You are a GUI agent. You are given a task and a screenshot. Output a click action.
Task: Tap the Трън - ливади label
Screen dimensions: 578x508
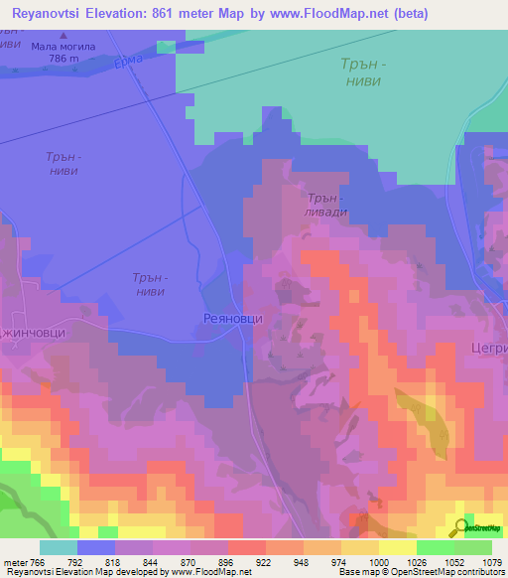(326, 205)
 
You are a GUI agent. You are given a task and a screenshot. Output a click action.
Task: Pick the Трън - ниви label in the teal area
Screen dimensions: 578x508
(360, 72)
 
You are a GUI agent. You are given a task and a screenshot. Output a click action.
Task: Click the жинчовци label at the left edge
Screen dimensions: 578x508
(33, 334)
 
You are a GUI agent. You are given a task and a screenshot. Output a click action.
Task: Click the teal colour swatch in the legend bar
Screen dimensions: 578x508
(58, 547)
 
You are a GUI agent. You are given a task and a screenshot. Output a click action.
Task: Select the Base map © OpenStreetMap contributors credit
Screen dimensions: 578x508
(420, 572)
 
